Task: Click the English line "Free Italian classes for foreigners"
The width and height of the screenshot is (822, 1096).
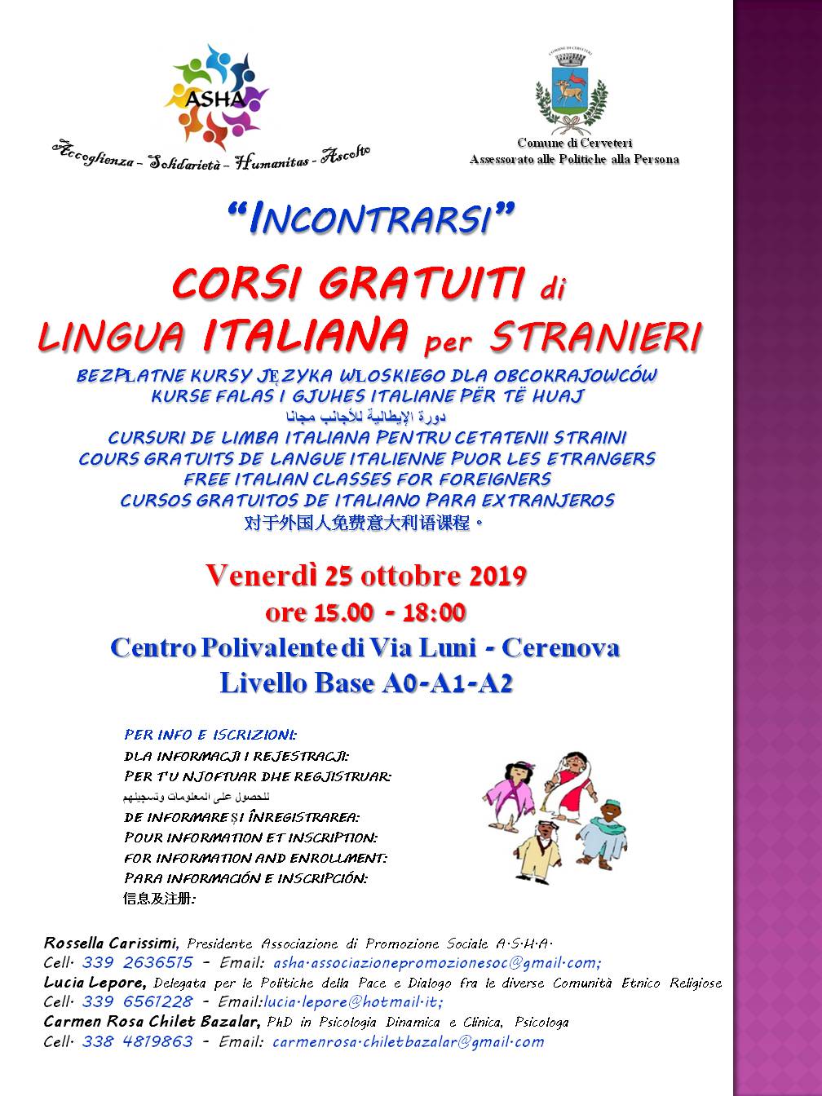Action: [x=367, y=479]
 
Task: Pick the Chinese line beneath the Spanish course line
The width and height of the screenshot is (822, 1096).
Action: [x=365, y=523]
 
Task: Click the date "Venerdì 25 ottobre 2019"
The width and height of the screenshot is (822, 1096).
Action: [x=365, y=576]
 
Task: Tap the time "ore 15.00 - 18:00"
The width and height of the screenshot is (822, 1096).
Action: [x=365, y=612]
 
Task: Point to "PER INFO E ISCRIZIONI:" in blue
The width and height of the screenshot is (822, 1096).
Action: [x=210, y=735]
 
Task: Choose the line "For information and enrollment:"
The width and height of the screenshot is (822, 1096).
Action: [x=255, y=858]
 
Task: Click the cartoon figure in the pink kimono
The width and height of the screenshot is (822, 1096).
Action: [x=511, y=795]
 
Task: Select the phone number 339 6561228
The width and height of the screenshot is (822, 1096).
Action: [x=137, y=1002]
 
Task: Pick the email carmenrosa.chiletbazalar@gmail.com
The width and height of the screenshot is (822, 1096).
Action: [x=408, y=1041]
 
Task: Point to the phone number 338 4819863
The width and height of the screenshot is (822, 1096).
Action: [x=137, y=1041]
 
